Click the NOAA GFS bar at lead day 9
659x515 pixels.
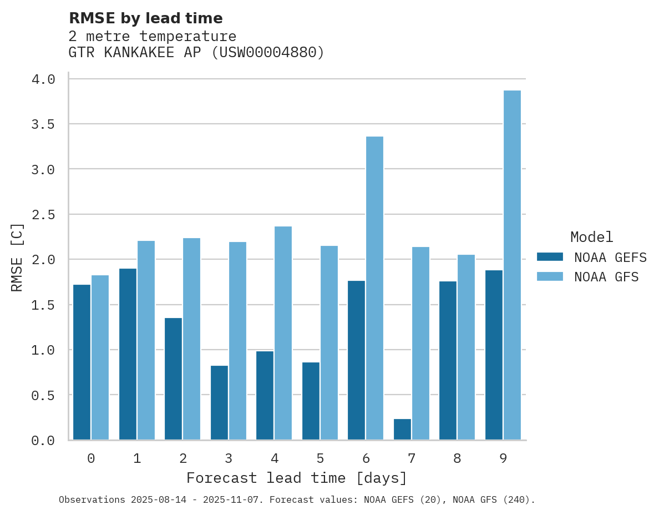click(512, 265)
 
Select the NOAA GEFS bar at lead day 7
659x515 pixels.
click(402, 430)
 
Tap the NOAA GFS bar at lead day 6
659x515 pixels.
click(374, 288)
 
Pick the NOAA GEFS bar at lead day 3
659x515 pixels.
click(219, 403)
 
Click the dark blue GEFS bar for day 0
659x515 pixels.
click(82, 362)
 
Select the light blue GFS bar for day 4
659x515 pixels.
click(283, 333)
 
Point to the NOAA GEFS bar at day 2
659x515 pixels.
click(173, 379)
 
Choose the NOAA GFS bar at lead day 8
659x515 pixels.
click(466, 347)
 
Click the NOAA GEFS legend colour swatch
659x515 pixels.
click(550, 257)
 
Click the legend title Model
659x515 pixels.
click(591, 237)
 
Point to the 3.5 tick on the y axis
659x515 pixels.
click(43, 124)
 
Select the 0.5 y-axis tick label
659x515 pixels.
click(43, 395)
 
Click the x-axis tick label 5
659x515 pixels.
click(320, 458)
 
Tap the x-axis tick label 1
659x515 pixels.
click(137, 458)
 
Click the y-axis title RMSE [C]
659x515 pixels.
click(17, 257)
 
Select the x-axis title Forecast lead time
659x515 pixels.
click(296, 478)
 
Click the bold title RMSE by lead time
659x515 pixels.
click(145, 18)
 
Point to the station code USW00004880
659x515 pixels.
click(268, 53)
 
